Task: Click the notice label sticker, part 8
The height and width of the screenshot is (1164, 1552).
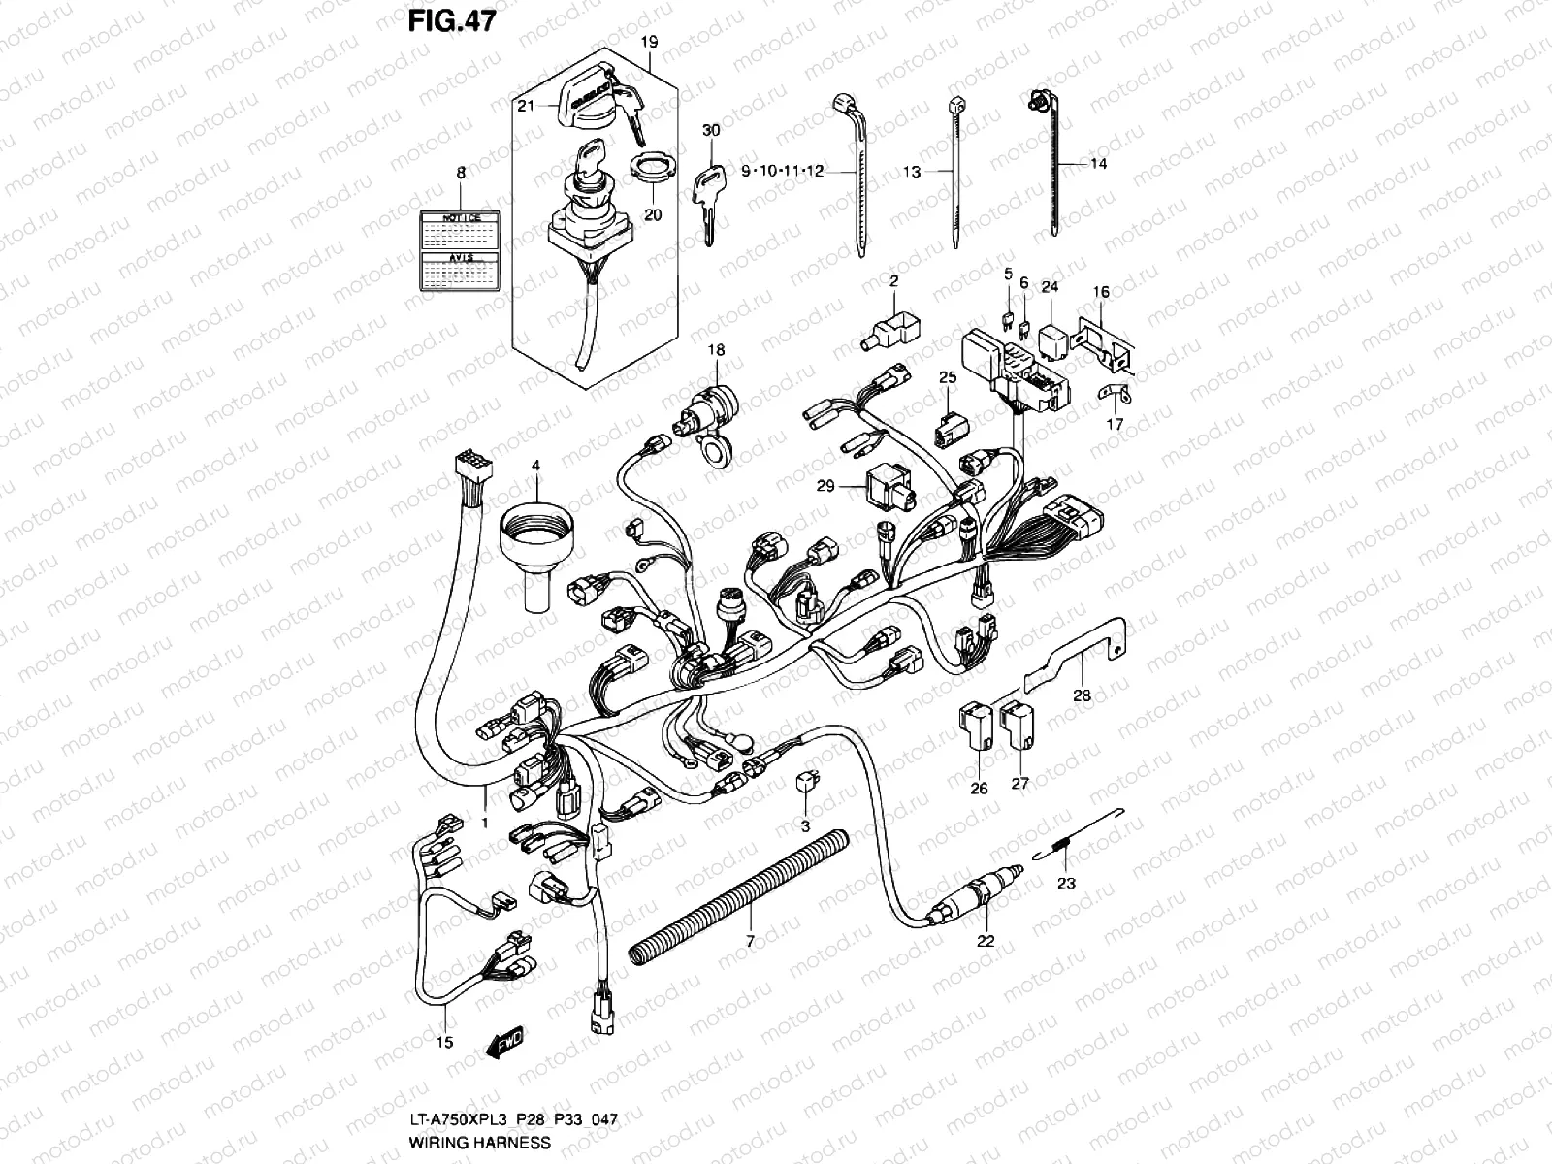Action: point(461,249)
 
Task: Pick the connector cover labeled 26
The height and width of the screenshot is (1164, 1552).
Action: point(976,727)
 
